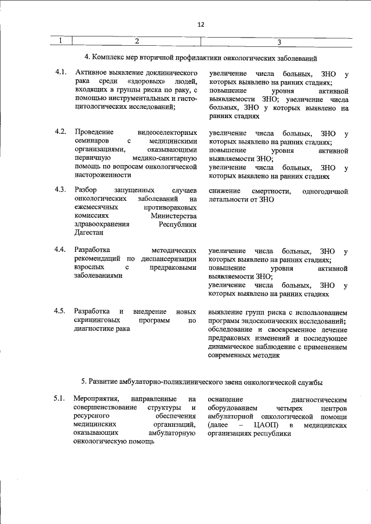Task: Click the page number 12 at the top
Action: [x=201, y=24]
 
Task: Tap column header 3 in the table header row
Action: [x=279, y=41]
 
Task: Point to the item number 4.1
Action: [x=60, y=74]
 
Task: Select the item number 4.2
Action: [x=60, y=133]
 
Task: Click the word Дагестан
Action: [x=89, y=233]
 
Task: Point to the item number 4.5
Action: [x=60, y=312]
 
